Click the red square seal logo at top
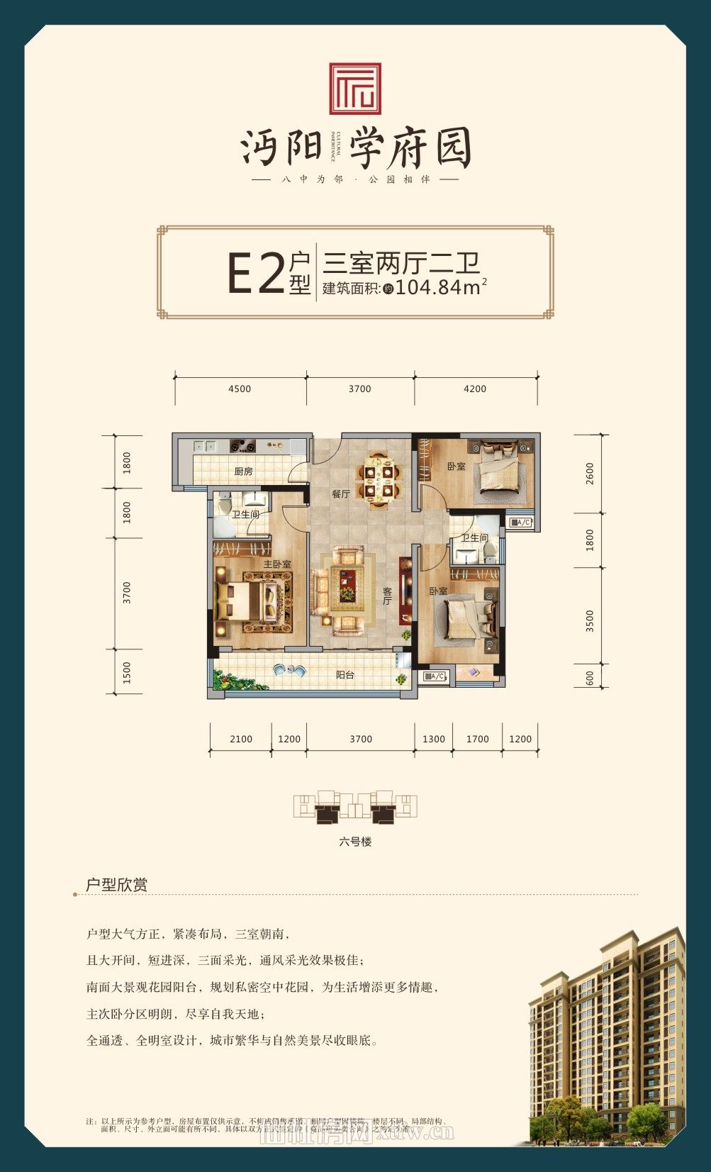[355, 89]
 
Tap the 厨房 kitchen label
[243, 471]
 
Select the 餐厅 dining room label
[341, 494]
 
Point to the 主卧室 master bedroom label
[277, 564]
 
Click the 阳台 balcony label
[345, 675]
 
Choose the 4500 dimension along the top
[240, 389]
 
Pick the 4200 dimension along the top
[475, 389]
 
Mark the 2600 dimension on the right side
[590, 473]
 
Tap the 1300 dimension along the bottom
[434, 739]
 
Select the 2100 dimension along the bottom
[241, 739]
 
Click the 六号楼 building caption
[355, 842]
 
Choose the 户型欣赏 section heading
[116, 885]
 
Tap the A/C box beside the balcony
[435, 676]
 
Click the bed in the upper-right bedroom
[500, 473]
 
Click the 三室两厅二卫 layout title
[402, 264]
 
